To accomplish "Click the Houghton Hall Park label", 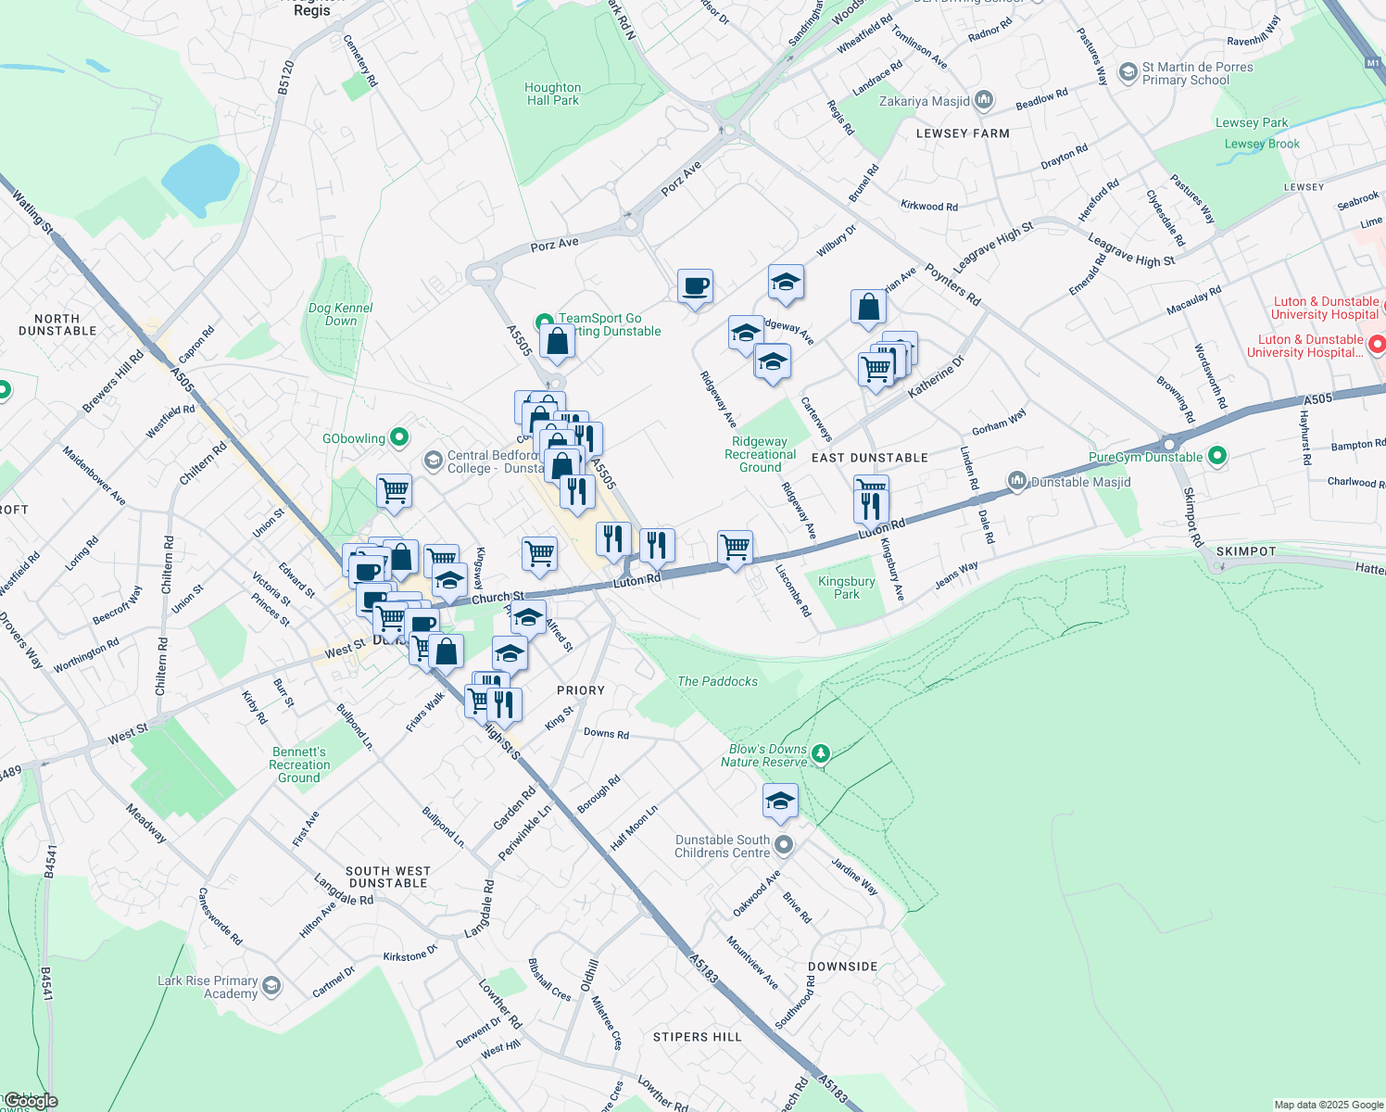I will coord(553,94).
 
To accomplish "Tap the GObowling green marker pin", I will coord(399,437).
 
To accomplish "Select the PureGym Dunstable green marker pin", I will coord(1217,456).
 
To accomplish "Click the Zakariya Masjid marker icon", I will coord(984,100).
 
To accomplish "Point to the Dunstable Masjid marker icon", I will coord(1017,481).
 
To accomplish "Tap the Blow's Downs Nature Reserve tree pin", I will coord(820,754).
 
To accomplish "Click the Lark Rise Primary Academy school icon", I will coord(271,985).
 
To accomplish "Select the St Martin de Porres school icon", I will coord(1128,71).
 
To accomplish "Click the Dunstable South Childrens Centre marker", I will coord(784,844).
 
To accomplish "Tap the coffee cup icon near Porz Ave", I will coord(695,286).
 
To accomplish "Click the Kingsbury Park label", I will coord(847,588).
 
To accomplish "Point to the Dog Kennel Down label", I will coord(341,314).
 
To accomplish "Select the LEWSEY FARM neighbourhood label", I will coord(963,133).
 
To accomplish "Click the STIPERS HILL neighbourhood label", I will coord(698,1037).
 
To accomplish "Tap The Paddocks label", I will coord(717,681).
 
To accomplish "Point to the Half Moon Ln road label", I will coord(634,828).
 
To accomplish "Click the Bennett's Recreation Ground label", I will coord(299,764).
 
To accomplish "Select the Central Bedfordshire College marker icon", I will coord(433,460).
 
